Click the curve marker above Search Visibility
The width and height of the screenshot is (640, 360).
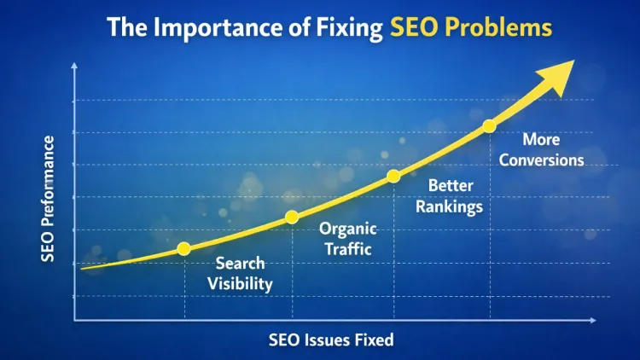click(183, 249)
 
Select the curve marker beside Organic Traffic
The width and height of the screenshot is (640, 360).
click(292, 217)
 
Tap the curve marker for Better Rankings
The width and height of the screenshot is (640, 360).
click(393, 177)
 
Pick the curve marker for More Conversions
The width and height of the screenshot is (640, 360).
click(489, 126)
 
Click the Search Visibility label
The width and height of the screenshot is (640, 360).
click(240, 273)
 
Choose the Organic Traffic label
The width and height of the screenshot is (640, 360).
click(347, 239)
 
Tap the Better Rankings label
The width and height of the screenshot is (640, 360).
click(455, 195)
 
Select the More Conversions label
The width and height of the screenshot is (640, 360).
click(541, 148)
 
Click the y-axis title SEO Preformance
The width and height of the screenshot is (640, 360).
click(49, 199)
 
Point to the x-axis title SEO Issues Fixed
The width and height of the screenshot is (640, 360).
click(331, 340)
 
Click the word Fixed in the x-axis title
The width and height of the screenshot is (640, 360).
click(376, 340)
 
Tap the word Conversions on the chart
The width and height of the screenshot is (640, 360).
click(541, 160)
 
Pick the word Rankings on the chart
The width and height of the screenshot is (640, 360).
click(455, 206)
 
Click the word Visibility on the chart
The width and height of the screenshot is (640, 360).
click(240, 284)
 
